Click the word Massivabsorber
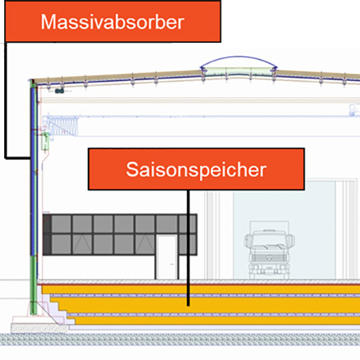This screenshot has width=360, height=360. click(x=112, y=22)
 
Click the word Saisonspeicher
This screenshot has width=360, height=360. click(x=196, y=169)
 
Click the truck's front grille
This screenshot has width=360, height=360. click(x=269, y=257)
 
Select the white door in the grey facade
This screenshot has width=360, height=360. click(x=167, y=257)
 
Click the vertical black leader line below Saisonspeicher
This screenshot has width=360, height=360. click(x=188, y=247)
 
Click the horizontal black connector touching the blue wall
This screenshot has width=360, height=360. click(x=18, y=157)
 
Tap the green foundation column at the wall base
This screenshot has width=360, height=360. click(x=34, y=285)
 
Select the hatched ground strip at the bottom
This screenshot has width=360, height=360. click(x=180, y=340)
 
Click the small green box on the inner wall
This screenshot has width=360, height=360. click(x=45, y=141)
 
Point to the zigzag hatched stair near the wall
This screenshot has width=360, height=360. click(x=62, y=126)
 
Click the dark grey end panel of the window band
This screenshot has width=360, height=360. click(x=47, y=234)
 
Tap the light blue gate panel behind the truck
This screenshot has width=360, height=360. click(x=284, y=230)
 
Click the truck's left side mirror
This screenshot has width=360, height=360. click(x=247, y=240)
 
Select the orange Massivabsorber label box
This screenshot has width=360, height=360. click(x=112, y=22)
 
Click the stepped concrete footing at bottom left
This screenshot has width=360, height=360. click(x=40, y=324)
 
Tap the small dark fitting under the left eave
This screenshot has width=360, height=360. click(x=59, y=91)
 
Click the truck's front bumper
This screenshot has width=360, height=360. click(x=269, y=267)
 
